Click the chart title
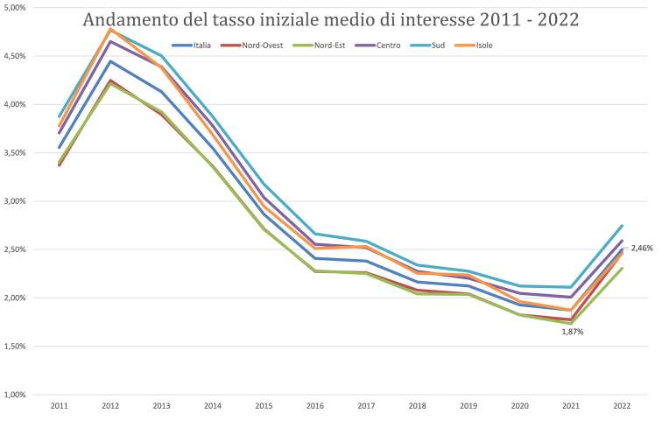(x=331, y=19)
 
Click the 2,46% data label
(x=643, y=249)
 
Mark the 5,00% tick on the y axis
(x=16, y=8)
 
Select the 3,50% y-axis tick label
(x=16, y=153)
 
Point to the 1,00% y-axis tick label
(x=16, y=395)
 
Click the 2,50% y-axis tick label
(x=16, y=249)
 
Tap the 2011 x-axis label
(x=59, y=406)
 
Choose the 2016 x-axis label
(x=315, y=406)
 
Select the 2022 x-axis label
(x=622, y=406)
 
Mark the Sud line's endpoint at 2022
(x=622, y=226)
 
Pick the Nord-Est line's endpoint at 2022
(x=622, y=269)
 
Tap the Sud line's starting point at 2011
(x=59, y=116)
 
